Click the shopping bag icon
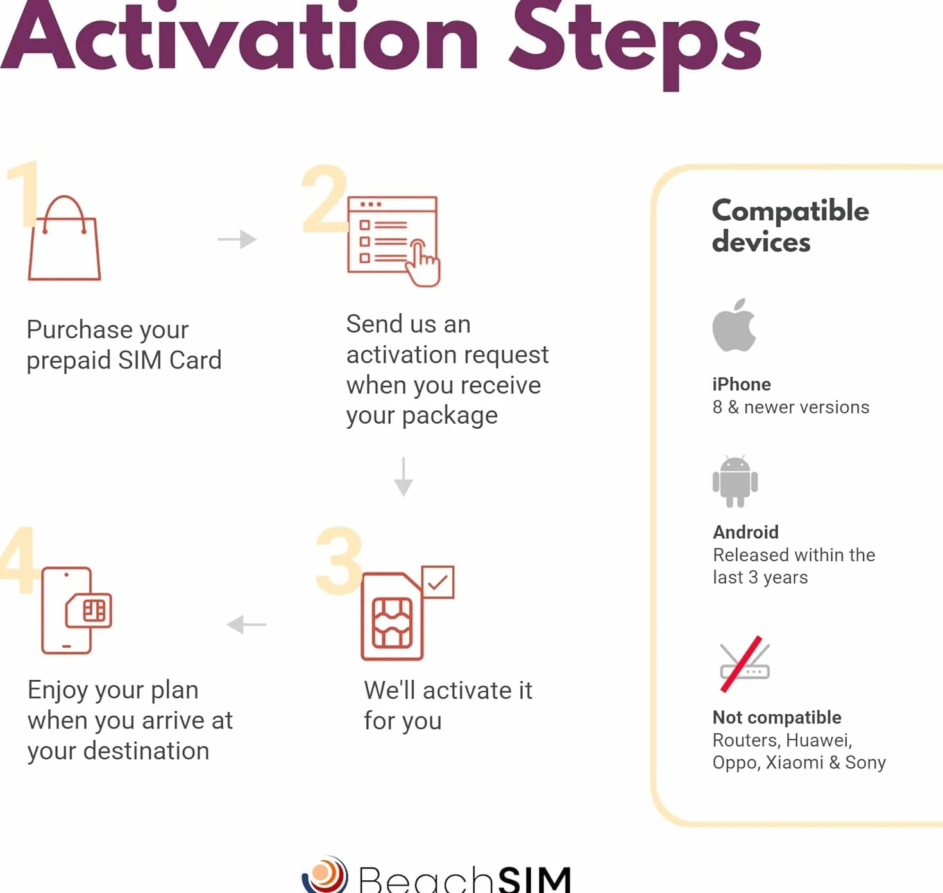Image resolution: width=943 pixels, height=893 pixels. point(64,238)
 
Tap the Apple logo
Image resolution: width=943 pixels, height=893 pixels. point(734,325)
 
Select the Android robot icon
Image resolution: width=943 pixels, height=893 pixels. point(735,481)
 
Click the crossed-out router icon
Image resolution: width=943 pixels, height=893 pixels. point(744,664)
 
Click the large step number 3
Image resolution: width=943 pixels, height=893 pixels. point(339,560)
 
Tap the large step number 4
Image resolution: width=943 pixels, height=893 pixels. point(18,559)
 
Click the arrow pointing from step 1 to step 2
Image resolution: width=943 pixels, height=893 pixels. point(237,239)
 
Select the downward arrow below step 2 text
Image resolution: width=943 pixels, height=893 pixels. point(404,477)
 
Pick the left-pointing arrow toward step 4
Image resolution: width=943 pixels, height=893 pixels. point(246,625)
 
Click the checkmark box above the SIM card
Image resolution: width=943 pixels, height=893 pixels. point(438,582)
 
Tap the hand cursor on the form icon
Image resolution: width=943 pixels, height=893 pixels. point(423,263)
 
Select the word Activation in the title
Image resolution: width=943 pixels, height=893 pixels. point(239,36)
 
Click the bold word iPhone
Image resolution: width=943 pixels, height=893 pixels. point(742,384)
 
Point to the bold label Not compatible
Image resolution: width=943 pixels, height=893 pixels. point(777,717)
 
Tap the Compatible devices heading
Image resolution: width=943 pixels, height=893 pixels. point(790,225)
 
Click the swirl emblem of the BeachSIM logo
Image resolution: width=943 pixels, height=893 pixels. point(325,875)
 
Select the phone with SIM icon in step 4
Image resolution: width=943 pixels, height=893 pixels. point(77,611)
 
